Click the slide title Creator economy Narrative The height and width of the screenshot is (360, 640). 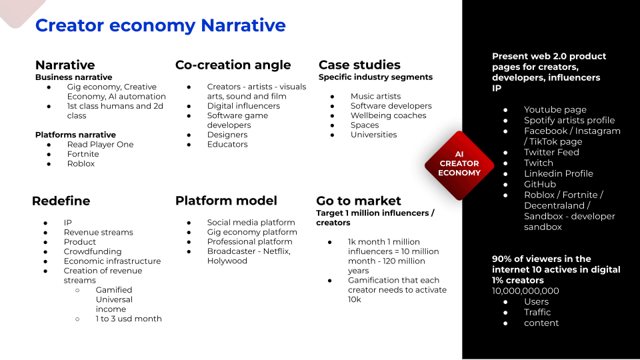pyautogui.click(x=161, y=25)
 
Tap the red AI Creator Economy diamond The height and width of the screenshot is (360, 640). pyautogui.click(x=459, y=165)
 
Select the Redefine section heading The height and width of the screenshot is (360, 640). pyautogui.click(x=61, y=201)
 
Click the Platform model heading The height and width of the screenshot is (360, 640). pyautogui.click(x=226, y=201)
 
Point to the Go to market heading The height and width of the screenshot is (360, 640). pyautogui.click(x=359, y=201)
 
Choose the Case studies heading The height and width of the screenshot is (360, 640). pyautogui.click(x=359, y=65)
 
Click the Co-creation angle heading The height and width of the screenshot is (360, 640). pyautogui.click(x=233, y=65)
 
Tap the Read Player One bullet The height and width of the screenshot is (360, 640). pyautogui.click(x=101, y=145)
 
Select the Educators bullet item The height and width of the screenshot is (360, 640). pyautogui.click(x=227, y=145)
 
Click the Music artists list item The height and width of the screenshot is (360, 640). pyautogui.click(x=375, y=96)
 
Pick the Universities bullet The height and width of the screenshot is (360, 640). pyautogui.click(x=373, y=135)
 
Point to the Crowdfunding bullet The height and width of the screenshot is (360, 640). pyautogui.click(x=93, y=251)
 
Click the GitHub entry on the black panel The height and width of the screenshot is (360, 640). pyautogui.click(x=540, y=185)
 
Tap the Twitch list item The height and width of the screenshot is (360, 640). pyautogui.click(x=539, y=163)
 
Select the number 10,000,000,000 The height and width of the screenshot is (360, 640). pyautogui.click(x=525, y=291)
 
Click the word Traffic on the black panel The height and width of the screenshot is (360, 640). pyautogui.click(x=537, y=312)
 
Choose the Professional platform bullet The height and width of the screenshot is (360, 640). pyautogui.click(x=249, y=241)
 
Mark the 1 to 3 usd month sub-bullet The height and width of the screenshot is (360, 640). pyautogui.click(x=129, y=319)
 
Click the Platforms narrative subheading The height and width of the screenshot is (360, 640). pyautogui.click(x=75, y=135)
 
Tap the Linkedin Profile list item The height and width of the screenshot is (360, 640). pyautogui.click(x=559, y=173)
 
